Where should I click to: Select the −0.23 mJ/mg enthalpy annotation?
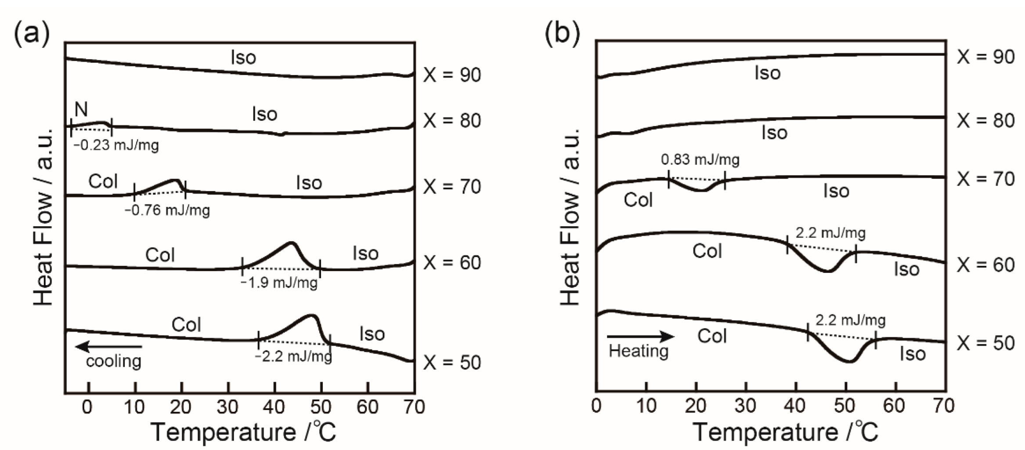[x=116, y=145]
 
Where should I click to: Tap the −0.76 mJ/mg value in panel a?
[x=167, y=211]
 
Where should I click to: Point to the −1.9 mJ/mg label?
[x=279, y=283]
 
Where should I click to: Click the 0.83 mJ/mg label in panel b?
[x=700, y=160]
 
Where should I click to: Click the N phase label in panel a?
[x=81, y=109]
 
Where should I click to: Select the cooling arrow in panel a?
[x=109, y=346]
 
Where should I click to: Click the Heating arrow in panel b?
[x=640, y=337]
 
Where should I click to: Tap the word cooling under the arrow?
[x=114, y=361]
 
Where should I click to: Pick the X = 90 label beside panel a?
[x=452, y=75]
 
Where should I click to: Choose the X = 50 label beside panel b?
[x=985, y=343]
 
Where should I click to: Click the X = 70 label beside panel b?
[x=985, y=179]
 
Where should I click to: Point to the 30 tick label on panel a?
[x=227, y=407]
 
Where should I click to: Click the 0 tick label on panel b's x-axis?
[x=596, y=406]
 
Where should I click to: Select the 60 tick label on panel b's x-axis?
[x=894, y=406]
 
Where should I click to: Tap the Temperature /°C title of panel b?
[x=785, y=432]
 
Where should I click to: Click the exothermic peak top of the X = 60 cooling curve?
[x=291, y=243]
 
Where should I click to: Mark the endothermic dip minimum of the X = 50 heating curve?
[x=850, y=361]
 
